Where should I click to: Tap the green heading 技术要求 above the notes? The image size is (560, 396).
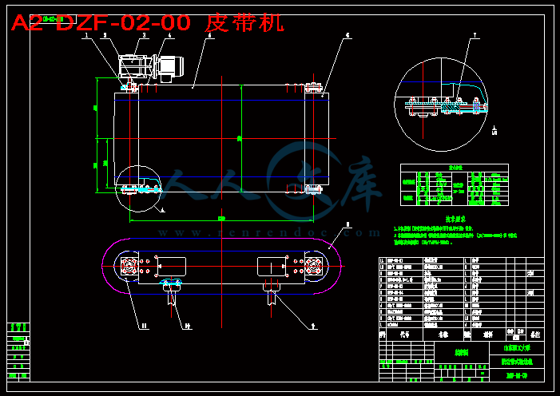click(x=455, y=218)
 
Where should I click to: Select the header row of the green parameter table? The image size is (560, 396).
click(x=454, y=168)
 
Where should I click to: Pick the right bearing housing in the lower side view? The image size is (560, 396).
click(x=314, y=266)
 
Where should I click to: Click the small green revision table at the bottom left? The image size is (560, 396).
click(x=18, y=348)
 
